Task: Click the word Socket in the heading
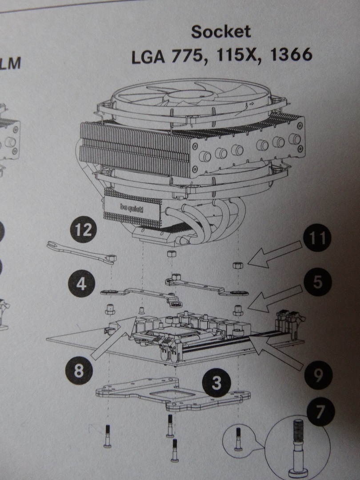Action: (x=221, y=32)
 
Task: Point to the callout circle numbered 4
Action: (x=81, y=283)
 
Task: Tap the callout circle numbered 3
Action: (x=216, y=382)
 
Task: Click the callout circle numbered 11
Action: (x=317, y=239)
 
